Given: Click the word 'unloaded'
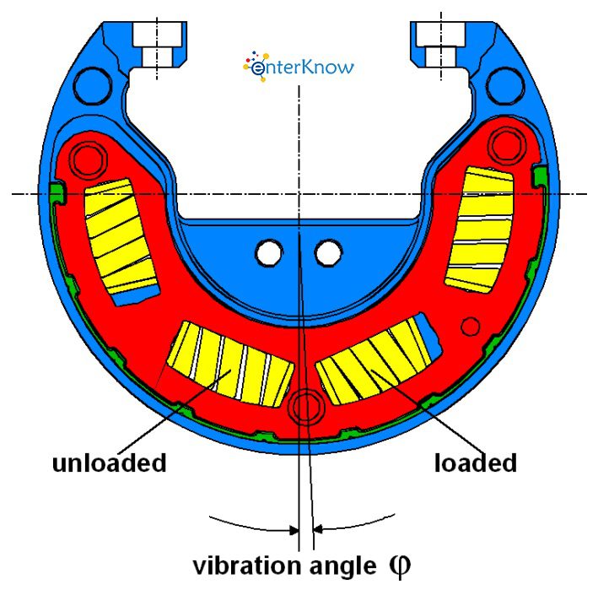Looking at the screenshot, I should [109, 463].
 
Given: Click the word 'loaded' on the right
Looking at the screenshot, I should [475, 463].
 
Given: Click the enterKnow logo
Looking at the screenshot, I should [299, 66].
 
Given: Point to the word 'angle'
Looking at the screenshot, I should [335, 565].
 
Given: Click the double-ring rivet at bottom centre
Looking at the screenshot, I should [304, 407].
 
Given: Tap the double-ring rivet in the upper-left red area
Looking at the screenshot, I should [87, 157].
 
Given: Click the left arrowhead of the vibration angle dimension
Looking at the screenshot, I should [294, 530].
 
